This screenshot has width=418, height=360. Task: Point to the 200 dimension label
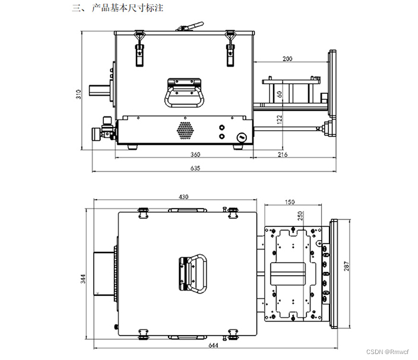(x=287, y=59)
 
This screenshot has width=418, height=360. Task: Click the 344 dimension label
(x=84, y=277)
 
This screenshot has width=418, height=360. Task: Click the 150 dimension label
(x=289, y=202)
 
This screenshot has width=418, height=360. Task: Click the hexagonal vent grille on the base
(x=185, y=130)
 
